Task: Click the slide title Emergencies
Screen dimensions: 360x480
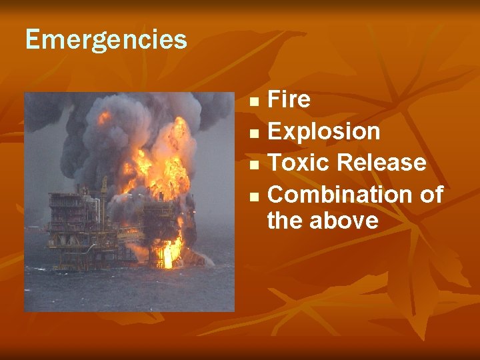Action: pos(106,40)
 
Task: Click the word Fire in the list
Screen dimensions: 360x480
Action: pos(289,100)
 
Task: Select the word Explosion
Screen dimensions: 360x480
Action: pos(323,131)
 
